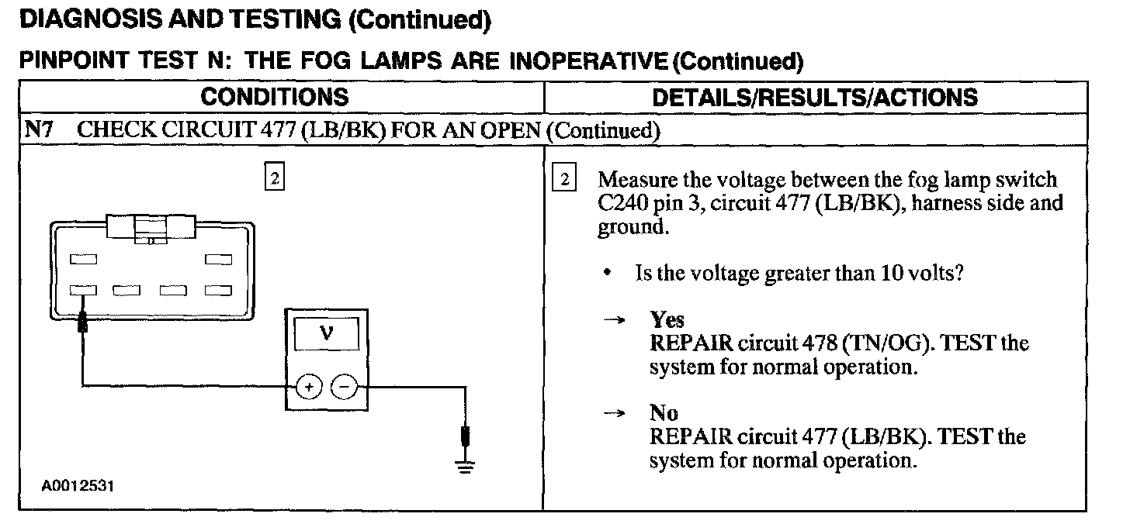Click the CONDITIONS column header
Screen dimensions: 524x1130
[275, 98]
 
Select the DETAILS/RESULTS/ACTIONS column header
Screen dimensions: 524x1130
[815, 98]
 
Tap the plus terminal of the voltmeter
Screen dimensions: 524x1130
[308, 386]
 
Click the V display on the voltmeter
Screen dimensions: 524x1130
[326, 335]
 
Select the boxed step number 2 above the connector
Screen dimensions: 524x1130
[274, 178]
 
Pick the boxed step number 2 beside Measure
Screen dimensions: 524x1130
[564, 179]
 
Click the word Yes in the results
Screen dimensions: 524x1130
[667, 320]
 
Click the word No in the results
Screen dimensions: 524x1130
[664, 413]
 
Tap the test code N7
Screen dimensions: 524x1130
[39, 130]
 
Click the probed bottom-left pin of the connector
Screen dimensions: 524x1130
[83, 291]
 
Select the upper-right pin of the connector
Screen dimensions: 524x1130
[218, 260]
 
